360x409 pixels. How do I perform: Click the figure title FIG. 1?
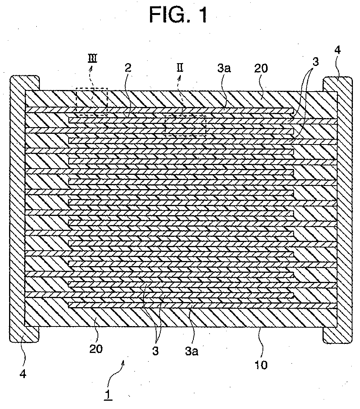tap(178, 15)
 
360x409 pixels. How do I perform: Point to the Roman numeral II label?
tap(180, 68)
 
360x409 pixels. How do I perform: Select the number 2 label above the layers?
tap(128, 68)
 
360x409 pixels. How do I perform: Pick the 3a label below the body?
tap(192, 351)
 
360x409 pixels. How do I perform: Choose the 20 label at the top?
tap(261, 68)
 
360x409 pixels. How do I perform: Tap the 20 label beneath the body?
tap(96, 349)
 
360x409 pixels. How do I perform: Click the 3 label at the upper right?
tap(316, 62)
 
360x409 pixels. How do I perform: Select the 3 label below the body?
tap(156, 351)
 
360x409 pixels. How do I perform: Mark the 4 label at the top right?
tap(337, 50)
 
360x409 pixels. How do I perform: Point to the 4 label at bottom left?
tap(23, 374)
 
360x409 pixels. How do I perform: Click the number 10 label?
tap(261, 365)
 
